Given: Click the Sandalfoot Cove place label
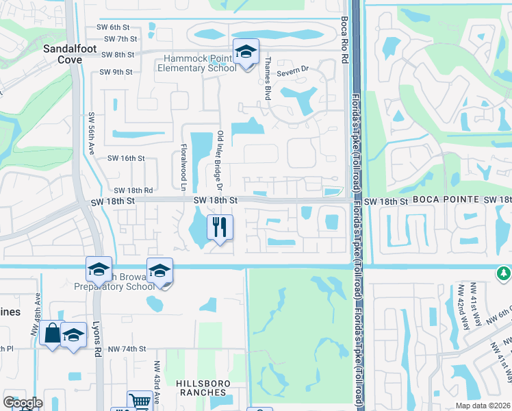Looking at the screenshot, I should pyautogui.click(x=62, y=54).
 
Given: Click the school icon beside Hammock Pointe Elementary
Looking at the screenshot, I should pyautogui.click(x=246, y=52).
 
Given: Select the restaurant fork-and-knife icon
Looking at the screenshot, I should pyautogui.click(x=220, y=227).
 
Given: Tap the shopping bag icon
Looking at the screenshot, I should pyautogui.click(x=53, y=334).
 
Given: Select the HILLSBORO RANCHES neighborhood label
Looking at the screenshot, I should pyautogui.click(x=202, y=387).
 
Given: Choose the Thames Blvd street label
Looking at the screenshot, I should pyautogui.click(x=265, y=75).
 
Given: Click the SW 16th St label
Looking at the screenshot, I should pyautogui.click(x=127, y=158).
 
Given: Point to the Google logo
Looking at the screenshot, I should pyautogui.click(x=23, y=402).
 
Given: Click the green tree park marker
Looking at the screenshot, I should pyautogui.click(x=503, y=273).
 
